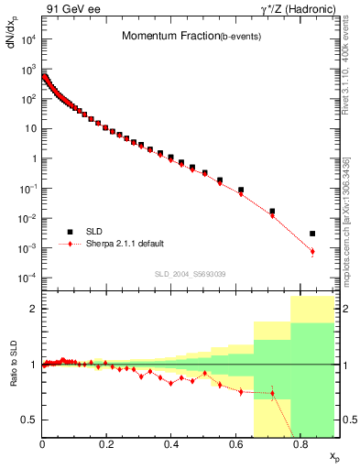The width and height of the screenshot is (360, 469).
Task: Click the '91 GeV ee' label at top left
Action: (x=71, y=9)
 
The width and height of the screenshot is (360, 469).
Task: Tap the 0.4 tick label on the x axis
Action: (x=171, y=446)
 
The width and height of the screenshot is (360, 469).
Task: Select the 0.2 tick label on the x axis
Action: (x=106, y=446)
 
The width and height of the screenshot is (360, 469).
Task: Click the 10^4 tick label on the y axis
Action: (x=27, y=39)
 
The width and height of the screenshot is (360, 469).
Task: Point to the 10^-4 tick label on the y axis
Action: (x=27, y=278)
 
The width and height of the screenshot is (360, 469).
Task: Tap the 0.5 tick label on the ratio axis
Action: (x=29, y=420)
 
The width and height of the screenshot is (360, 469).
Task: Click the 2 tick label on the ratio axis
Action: (x=33, y=309)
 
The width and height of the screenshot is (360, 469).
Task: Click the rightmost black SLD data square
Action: (x=312, y=234)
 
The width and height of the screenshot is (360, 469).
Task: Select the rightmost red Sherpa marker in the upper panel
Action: (x=312, y=252)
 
